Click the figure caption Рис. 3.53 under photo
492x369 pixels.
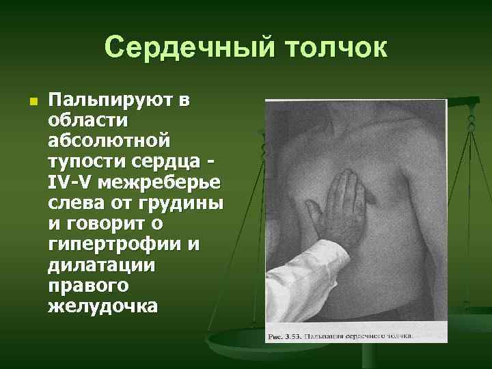[355, 336]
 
